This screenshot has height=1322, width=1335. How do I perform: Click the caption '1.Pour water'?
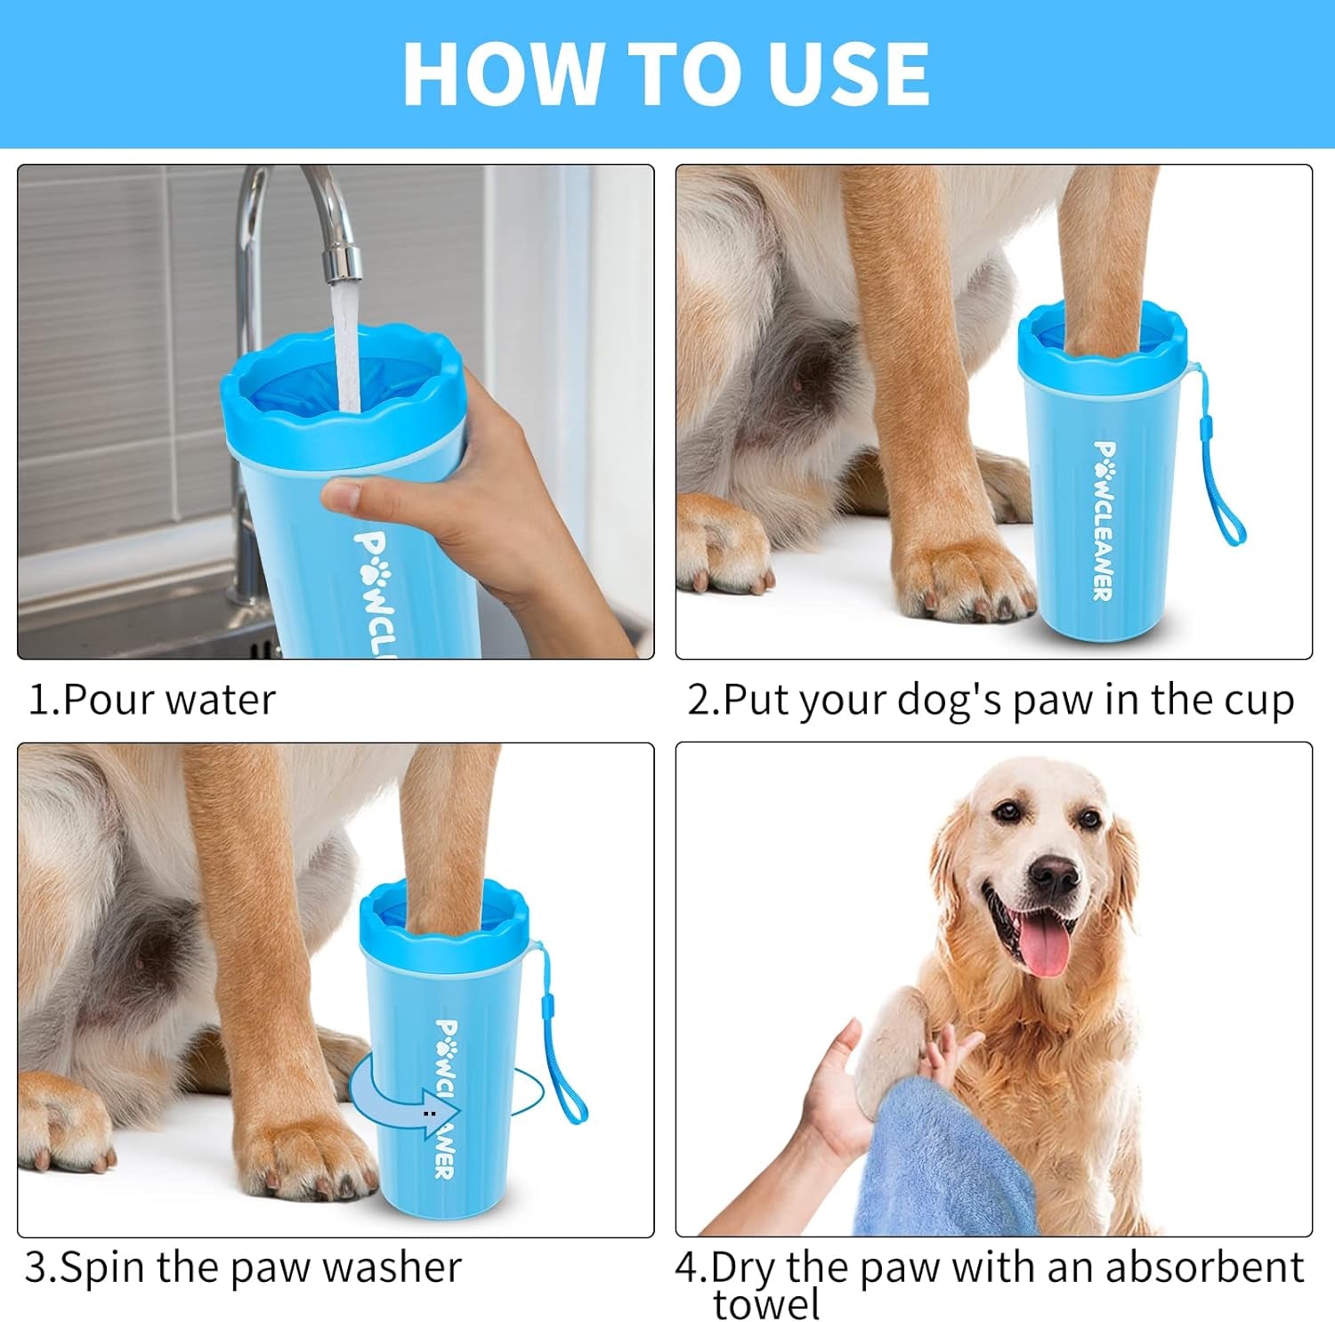(x=152, y=700)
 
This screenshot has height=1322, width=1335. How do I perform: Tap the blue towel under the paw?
(x=943, y=1157)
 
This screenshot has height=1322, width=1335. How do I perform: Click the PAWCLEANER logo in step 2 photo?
(x=1104, y=521)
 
